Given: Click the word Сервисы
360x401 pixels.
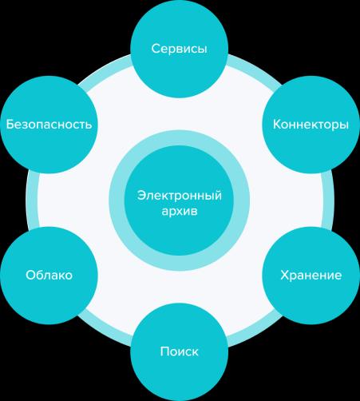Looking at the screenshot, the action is pyautogui.click(x=180, y=49).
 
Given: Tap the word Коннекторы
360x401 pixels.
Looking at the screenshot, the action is pyautogui.click(x=311, y=125).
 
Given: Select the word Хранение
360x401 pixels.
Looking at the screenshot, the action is pyautogui.click(x=311, y=275).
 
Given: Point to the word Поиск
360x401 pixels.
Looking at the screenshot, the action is pyautogui.click(x=180, y=351).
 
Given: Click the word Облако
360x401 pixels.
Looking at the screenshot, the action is pyautogui.click(x=49, y=275).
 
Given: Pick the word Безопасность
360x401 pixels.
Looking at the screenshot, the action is pyautogui.click(x=49, y=124).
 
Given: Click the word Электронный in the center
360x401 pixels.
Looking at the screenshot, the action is pyautogui.click(x=180, y=196).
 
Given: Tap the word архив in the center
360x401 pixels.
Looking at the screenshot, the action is pyautogui.click(x=180, y=212).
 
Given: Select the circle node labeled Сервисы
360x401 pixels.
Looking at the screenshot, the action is pyautogui.click(x=180, y=49).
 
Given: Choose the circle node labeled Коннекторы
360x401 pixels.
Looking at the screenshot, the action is pyautogui.click(x=311, y=125).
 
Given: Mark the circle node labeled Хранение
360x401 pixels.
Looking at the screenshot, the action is pyautogui.click(x=311, y=276).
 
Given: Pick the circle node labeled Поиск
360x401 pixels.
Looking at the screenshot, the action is pyautogui.click(x=180, y=351).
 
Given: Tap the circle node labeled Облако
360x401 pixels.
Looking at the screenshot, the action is pyautogui.click(x=49, y=276).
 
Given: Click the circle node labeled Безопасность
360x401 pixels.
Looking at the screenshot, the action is pyautogui.click(x=49, y=125).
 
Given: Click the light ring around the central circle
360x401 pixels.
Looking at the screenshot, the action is pyautogui.click(x=180, y=137).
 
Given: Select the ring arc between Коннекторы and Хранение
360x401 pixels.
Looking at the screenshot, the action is pyautogui.click(x=328, y=200).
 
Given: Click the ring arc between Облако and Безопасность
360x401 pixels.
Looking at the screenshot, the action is pyautogui.click(x=32, y=200).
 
